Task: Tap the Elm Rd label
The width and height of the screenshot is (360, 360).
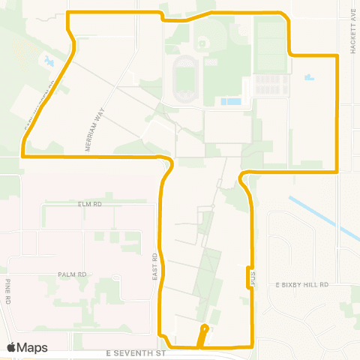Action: (88, 203)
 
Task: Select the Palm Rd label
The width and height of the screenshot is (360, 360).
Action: (73, 274)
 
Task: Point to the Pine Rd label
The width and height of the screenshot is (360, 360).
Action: (8, 290)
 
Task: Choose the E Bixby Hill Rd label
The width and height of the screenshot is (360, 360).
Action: (302, 285)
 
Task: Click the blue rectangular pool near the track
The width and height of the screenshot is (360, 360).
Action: (231, 101)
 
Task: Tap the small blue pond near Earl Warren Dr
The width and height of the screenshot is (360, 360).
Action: (49, 61)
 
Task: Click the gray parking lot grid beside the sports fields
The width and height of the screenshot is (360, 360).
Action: (271, 85)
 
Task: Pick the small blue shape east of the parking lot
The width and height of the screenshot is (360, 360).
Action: (309, 77)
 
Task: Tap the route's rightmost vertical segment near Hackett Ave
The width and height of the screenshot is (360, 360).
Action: (338, 112)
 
